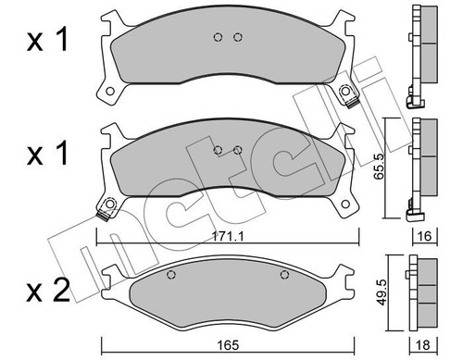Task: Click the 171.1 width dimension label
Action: click(x=228, y=237)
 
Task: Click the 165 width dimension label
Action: click(x=228, y=345)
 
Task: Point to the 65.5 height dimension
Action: click(x=379, y=168)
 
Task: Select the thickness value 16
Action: click(x=425, y=236)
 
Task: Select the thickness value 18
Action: click(x=423, y=345)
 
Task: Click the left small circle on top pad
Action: click(x=218, y=37)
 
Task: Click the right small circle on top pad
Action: click(x=237, y=37)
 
